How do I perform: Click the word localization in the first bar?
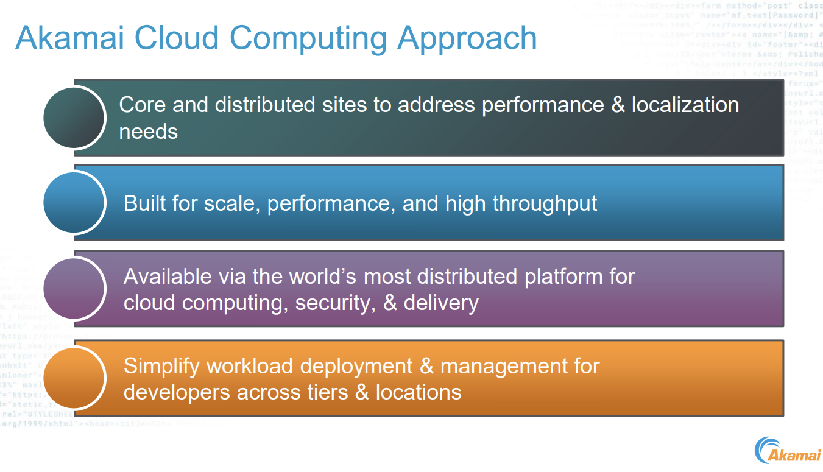(x=685, y=105)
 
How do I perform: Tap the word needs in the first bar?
(x=148, y=131)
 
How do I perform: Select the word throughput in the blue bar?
(x=545, y=203)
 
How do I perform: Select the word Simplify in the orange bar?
(x=161, y=366)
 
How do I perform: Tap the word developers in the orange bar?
(x=177, y=392)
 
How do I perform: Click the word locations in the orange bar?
(x=419, y=392)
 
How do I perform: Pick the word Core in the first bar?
(x=143, y=105)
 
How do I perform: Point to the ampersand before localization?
(x=618, y=105)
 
